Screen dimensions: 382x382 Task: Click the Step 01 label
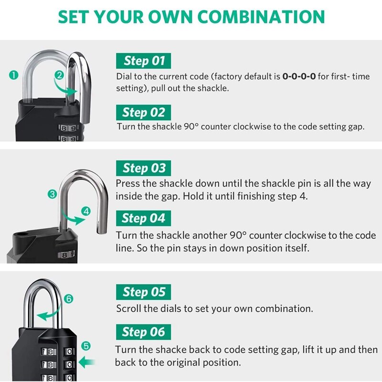click(144, 61)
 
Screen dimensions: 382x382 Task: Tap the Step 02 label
click(143, 112)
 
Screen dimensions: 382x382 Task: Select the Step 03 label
click(144, 168)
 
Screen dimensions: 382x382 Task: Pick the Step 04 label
click(143, 218)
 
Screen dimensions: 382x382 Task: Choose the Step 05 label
click(144, 292)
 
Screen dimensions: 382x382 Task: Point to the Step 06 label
click(143, 332)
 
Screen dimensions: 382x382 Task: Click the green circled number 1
click(14, 74)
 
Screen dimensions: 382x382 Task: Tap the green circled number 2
click(59, 75)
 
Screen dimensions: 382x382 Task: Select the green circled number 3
click(53, 194)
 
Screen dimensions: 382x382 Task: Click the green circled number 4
click(86, 211)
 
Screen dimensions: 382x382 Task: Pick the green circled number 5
click(86, 346)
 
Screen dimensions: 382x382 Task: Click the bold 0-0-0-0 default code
click(299, 76)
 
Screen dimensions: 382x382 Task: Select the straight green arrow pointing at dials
click(86, 362)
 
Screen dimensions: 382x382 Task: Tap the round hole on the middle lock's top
click(22, 235)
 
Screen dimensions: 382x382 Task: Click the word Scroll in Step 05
click(128, 308)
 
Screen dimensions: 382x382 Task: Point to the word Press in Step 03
click(128, 184)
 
